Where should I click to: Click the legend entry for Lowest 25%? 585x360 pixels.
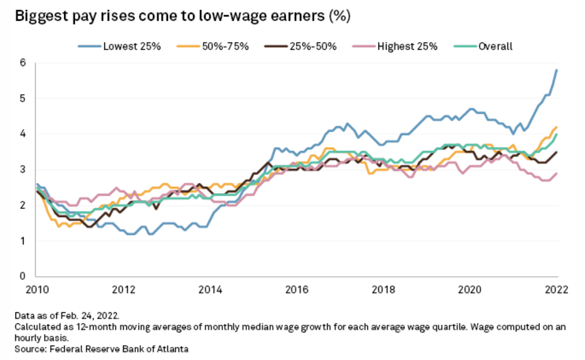point(131,47)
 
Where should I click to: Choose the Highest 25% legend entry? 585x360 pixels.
point(407,47)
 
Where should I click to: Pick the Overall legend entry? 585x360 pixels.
point(495,47)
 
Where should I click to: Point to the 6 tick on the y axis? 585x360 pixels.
point(22,63)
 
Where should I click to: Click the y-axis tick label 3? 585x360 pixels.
point(22,170)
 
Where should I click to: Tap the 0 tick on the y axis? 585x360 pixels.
point(22,277)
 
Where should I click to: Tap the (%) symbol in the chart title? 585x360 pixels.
point(339,16)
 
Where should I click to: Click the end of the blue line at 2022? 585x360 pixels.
point(557,70)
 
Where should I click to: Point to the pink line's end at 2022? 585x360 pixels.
point(557,173)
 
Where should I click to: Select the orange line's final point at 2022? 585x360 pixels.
point(557,127)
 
